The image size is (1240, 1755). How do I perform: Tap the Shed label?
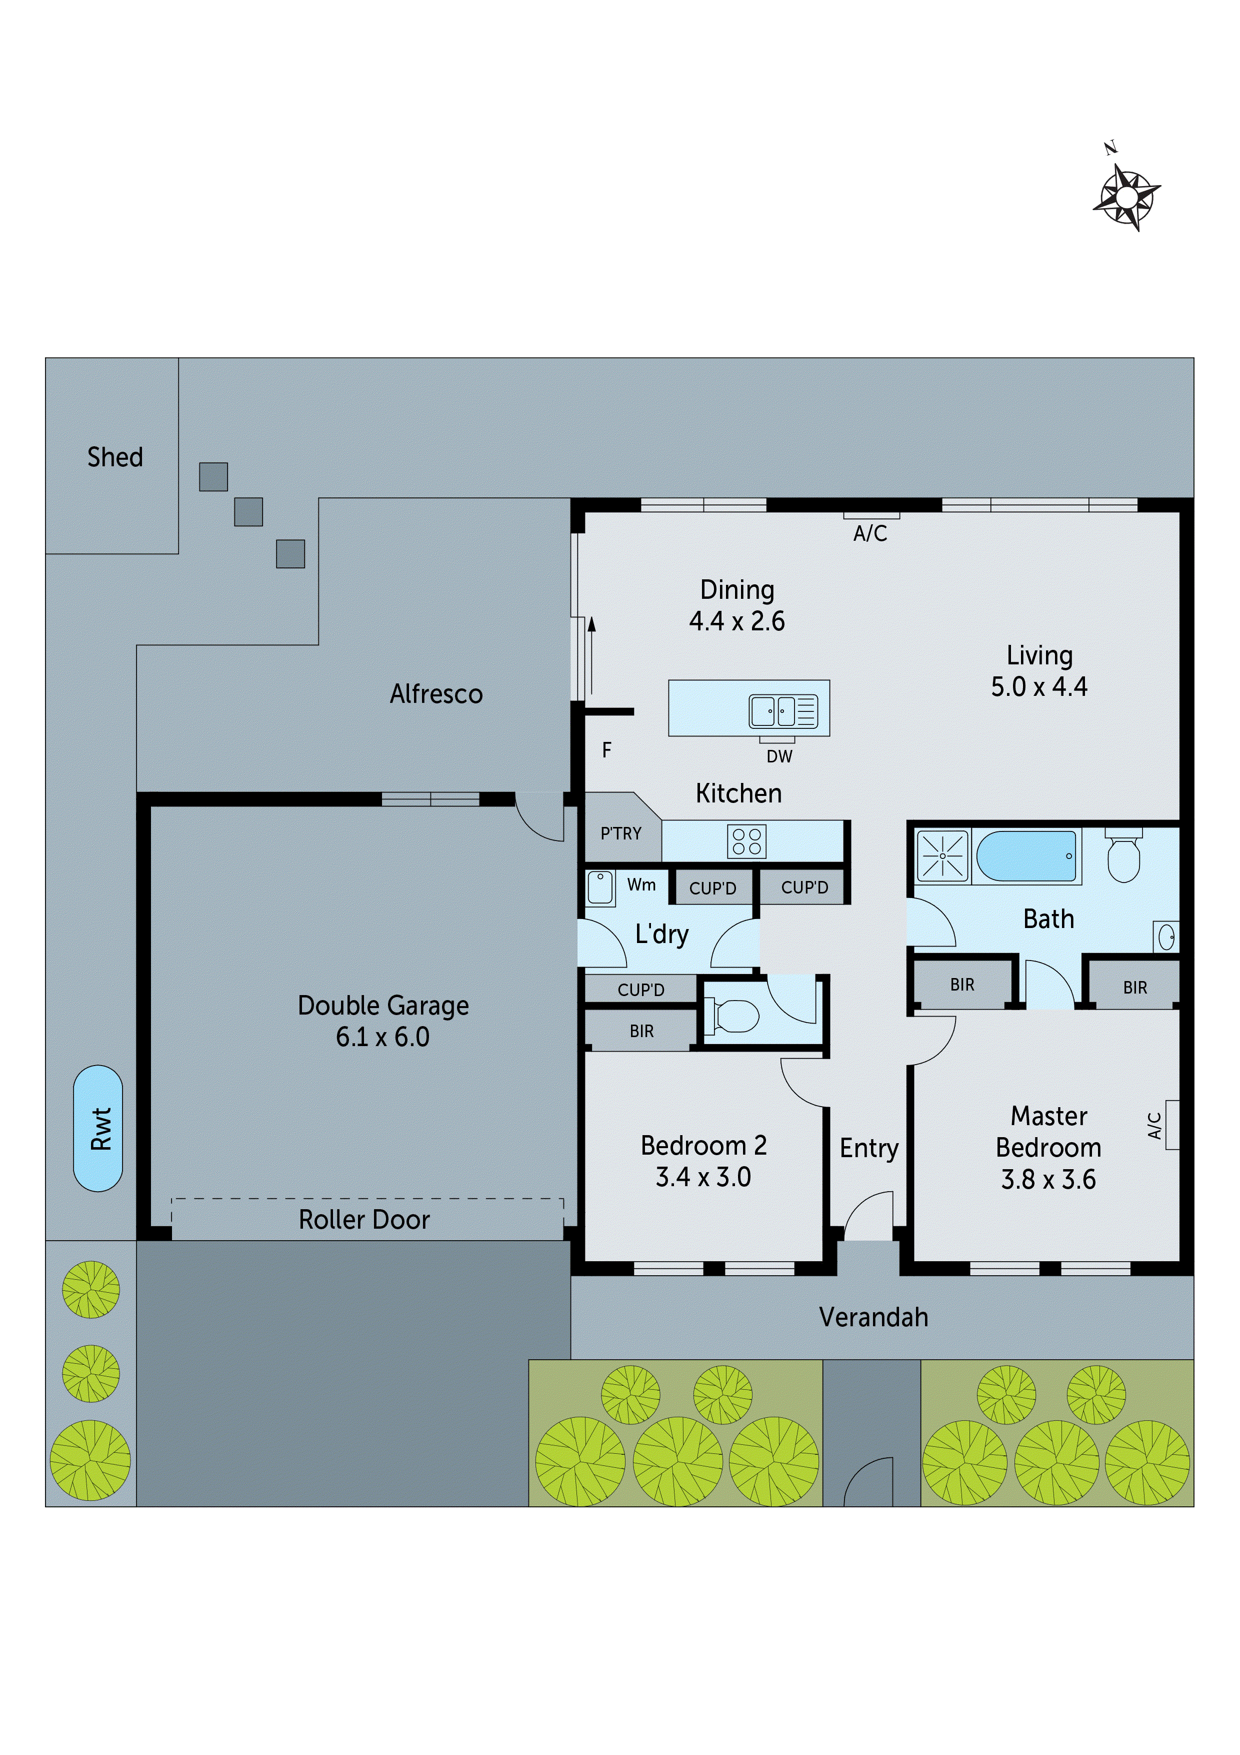114,457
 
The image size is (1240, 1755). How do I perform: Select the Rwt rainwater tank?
98,1128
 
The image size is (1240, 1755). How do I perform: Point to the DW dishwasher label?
779,756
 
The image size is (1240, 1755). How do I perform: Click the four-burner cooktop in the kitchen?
746,841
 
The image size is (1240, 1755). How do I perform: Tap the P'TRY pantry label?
620,833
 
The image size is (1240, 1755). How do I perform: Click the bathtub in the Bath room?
1026,856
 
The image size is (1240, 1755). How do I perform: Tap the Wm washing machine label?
641,885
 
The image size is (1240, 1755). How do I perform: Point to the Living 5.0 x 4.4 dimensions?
1039,686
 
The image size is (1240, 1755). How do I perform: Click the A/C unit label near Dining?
870,533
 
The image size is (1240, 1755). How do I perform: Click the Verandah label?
873,1317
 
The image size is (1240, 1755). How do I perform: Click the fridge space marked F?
606,750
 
